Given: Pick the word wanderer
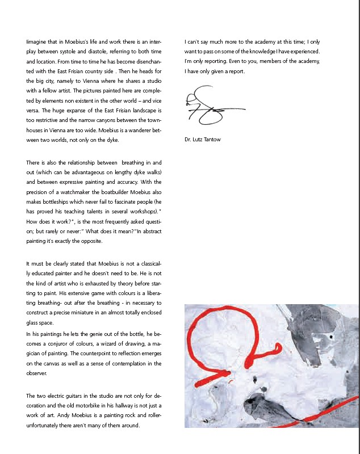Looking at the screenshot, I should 137,129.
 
